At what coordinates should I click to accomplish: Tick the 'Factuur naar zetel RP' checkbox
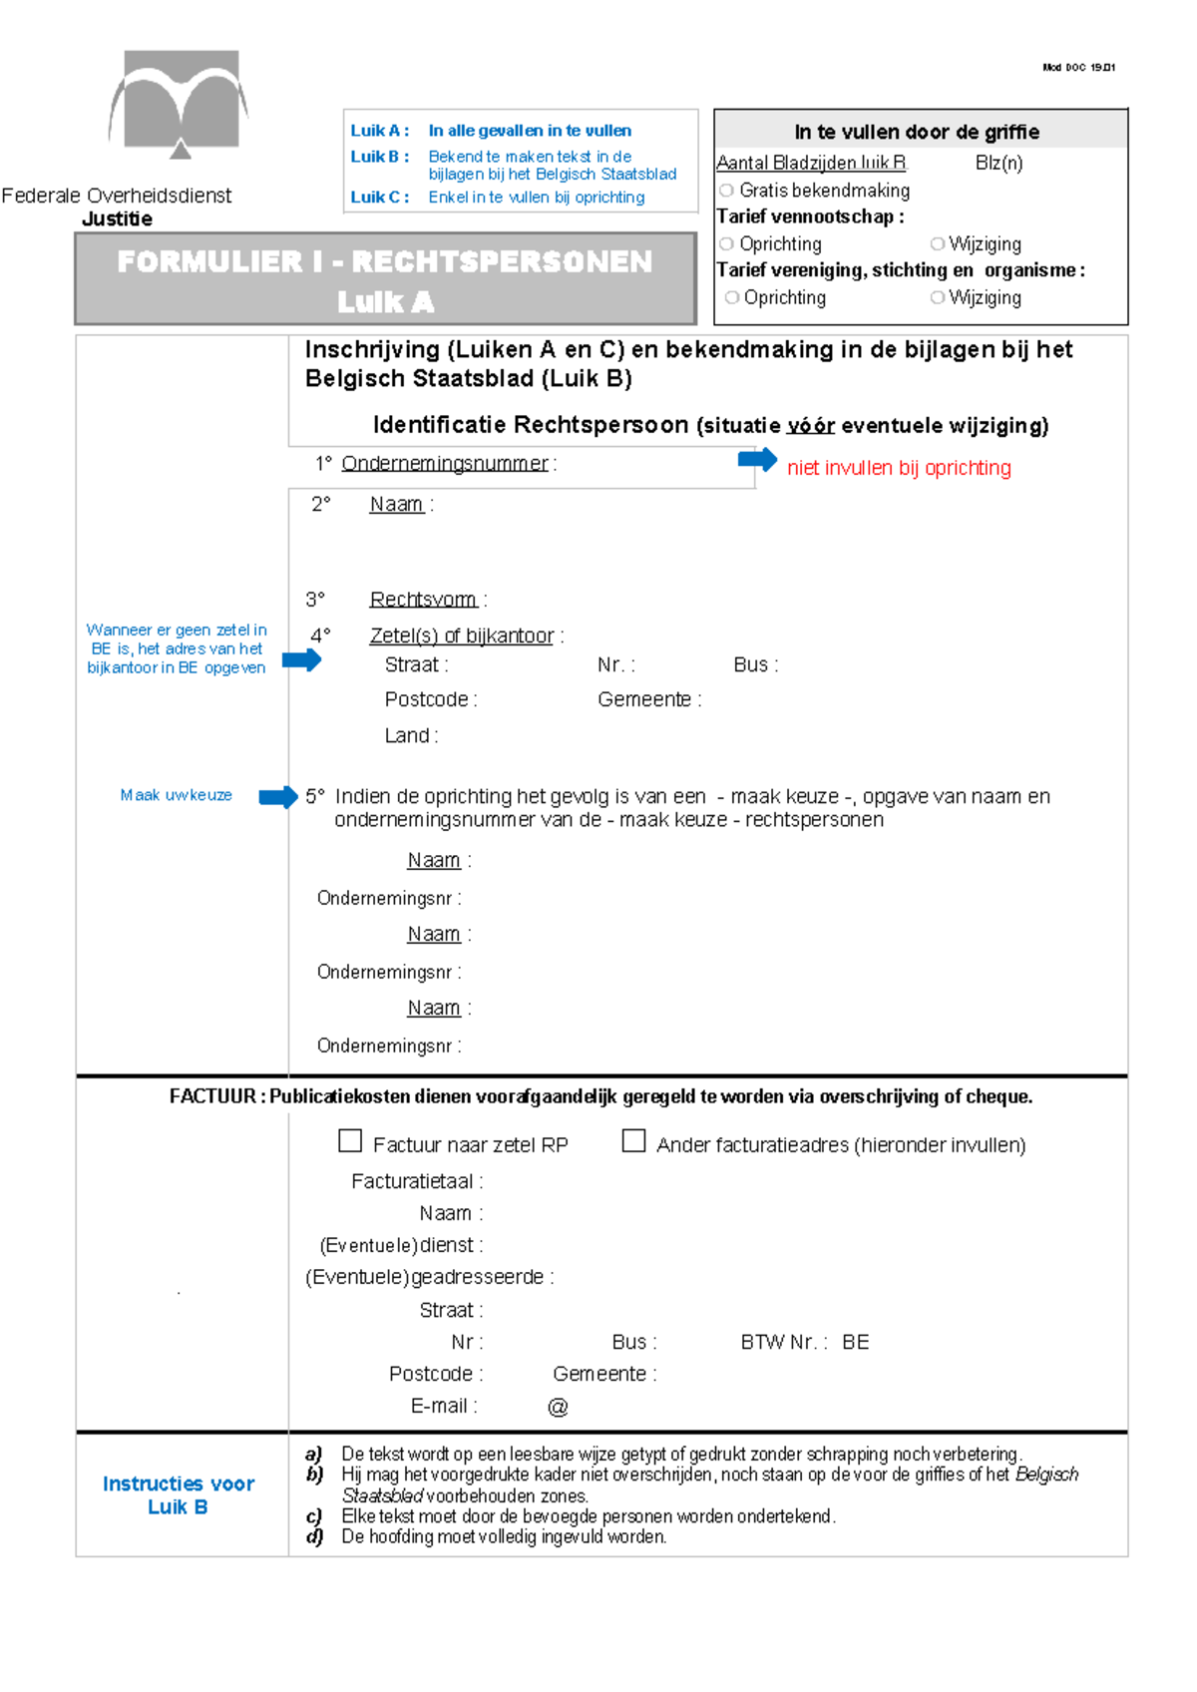[350, 1140]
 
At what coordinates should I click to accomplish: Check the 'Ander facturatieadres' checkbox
[633, 1140]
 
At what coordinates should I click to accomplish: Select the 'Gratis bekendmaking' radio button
[726, 191]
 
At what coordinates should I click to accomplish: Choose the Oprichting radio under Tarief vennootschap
[726, 244]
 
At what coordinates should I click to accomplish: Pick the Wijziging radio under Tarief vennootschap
[937, 244]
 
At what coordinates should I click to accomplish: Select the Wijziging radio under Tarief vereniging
[937, 297]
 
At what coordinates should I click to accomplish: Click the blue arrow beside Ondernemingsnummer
[757, 460]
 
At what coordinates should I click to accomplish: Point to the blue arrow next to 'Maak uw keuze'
[278, 796]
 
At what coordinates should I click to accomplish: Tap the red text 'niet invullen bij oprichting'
[899, 468]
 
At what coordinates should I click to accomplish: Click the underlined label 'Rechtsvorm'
[423, 600]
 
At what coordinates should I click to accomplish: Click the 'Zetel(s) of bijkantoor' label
[462, 635]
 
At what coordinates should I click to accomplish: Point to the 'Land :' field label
[411, 735]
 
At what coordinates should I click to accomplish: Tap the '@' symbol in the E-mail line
[558, 1407]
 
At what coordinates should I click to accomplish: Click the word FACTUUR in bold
[211, 1096]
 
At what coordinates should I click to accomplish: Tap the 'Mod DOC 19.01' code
[1078, 68]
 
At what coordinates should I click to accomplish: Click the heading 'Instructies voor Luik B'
[179, 1494]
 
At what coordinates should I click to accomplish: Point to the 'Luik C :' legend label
[379, 198]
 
